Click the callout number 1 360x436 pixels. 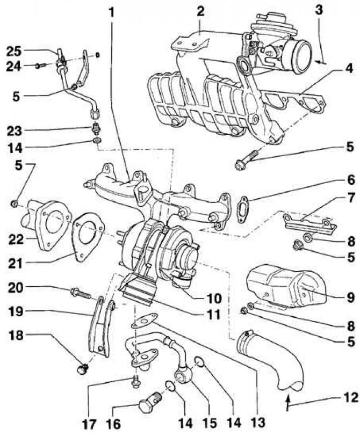(x=112, y=11)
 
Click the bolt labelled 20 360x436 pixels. (x=80, y=294)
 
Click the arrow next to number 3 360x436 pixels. (x=320, y=62)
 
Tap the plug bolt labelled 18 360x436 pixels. (x=82, y=370)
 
